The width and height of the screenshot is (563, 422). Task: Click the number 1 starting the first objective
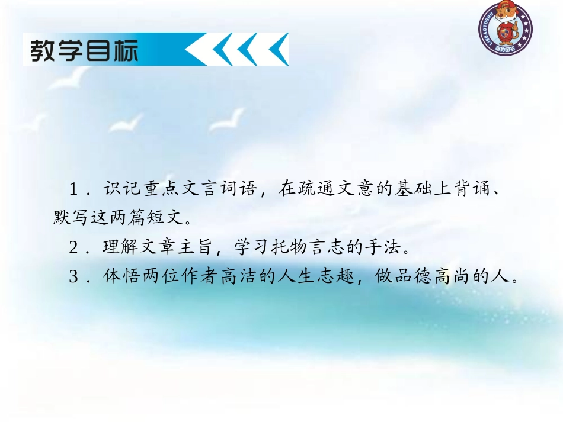(x=73, y=191)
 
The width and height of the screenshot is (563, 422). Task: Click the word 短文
(x=161, y=219)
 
